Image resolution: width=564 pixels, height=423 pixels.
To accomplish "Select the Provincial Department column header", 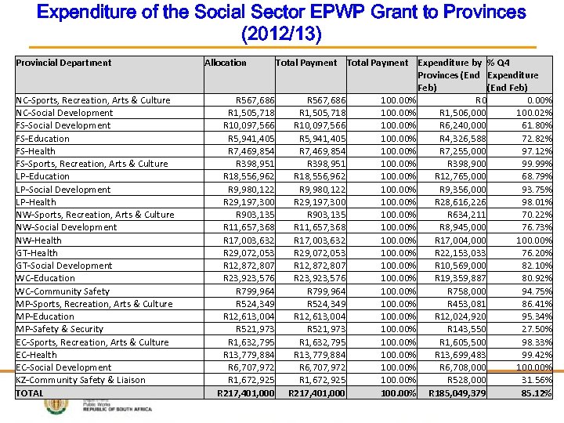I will tap(63, 63).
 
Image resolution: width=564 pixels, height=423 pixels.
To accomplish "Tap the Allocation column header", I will tap(226, 63).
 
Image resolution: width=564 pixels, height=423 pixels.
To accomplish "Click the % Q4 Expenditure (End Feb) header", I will tap(512, 74).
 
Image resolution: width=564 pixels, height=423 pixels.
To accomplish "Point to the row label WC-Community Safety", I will tap(63, 291).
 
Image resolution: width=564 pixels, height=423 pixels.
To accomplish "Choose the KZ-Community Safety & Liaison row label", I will tap(81, 380).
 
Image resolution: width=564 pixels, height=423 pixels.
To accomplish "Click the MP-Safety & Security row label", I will tap(60, 329).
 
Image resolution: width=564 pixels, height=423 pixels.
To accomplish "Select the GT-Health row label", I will tap(37, 253).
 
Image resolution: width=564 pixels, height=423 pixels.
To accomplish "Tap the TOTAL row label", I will tap(31, 393).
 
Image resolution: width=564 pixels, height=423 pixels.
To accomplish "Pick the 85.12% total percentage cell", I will tap(537, 393).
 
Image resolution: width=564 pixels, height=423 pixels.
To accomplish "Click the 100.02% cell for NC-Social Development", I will tap(534, 113).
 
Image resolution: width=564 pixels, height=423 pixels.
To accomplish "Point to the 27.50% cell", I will tap(537, 329).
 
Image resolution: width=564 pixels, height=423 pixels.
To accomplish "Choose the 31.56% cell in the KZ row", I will tap(537, 380).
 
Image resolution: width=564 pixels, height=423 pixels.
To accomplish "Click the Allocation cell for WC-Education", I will tap(249, 278).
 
